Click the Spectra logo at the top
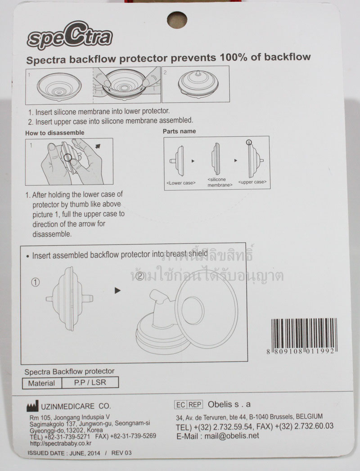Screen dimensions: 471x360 (x=69, y=36)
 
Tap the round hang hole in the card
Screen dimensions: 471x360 (x=177, y=20)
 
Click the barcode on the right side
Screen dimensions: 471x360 (x=302, y=333)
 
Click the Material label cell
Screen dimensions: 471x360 (x=41, y=383)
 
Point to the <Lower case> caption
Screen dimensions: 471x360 (x=181, y=183)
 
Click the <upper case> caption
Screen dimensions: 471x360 (x=252, y=182)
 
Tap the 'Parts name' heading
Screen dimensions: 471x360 (x=179, y=131)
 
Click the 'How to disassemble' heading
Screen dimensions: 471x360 (x=54, y=133)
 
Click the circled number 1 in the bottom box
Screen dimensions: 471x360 (x=36, y=283)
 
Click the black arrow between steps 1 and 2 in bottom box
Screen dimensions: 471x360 (x=118, y=291)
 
